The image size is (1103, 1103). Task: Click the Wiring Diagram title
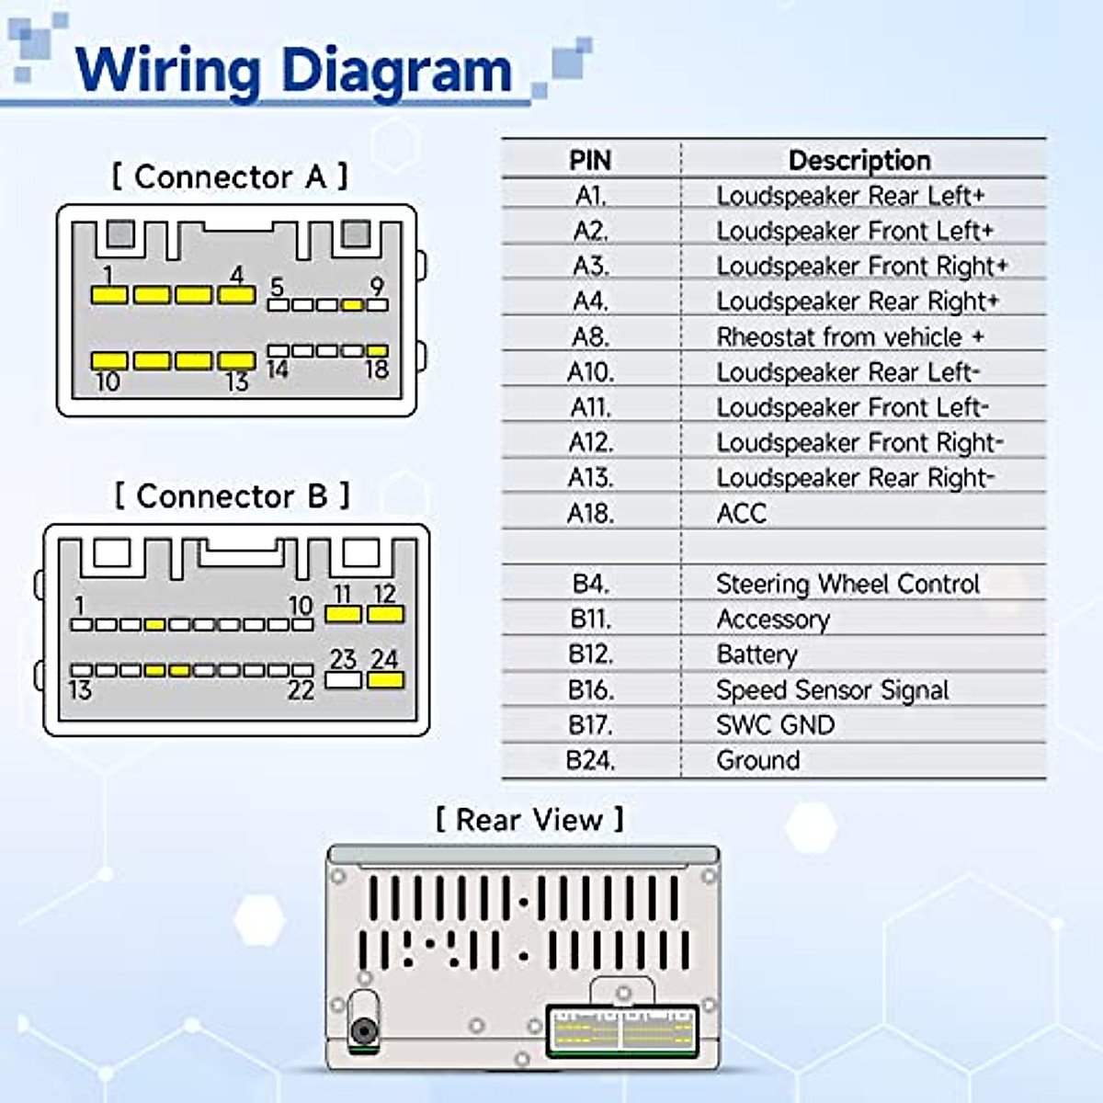point(292,70)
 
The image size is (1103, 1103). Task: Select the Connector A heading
point(230,176)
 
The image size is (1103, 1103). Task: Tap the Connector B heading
point(232,495)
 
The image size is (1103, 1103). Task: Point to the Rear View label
point(529,819)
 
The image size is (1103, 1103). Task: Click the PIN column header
point(589,160)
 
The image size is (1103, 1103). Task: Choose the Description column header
point(859,160)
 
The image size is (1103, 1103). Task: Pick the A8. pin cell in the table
point(589,336)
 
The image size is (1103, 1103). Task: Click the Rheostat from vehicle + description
point(850,336)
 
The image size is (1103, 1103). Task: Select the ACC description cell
point(741,513)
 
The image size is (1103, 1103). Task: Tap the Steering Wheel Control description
point(847,584)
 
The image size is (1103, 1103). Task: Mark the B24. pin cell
point(589,760)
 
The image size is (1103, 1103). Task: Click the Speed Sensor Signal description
point(832,689)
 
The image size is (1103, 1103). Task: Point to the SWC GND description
point(775,725)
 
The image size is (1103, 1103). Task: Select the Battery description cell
point(756,654)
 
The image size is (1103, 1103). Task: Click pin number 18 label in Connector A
point(377,370)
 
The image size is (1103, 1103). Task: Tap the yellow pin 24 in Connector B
point(385,681)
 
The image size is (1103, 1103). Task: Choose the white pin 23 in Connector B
point(344,681)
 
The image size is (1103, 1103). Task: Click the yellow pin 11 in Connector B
point(344,614)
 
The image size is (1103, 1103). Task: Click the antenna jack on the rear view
point(363,1031)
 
